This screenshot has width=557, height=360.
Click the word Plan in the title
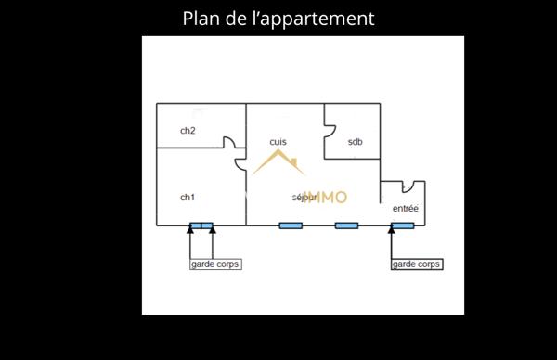201,19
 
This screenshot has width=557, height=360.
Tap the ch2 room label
188,131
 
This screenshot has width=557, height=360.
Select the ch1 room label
188,197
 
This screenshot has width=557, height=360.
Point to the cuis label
278,142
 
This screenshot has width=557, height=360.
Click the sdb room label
355,142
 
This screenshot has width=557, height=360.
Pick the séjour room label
304,198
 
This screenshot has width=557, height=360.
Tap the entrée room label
405,209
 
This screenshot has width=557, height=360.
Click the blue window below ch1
201,225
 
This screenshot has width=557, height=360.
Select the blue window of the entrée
402,225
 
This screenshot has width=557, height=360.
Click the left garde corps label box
214,264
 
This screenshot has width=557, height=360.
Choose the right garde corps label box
417,264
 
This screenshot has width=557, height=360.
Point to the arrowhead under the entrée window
392,231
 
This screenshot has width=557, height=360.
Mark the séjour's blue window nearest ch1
291,225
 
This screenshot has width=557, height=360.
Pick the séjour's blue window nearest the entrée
346,225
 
